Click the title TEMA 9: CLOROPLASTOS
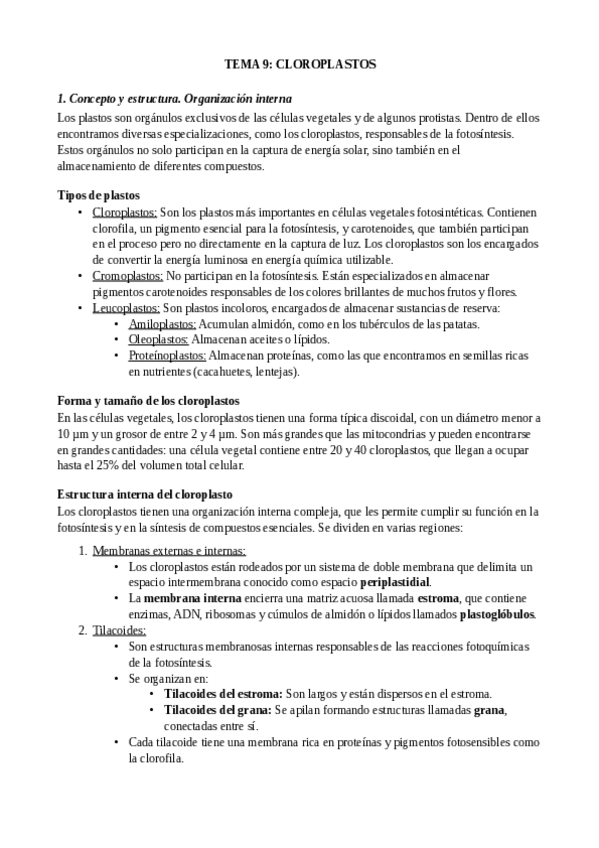point(299,64)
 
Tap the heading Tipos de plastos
point(98,195)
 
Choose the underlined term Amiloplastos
point(163,324)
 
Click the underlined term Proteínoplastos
point(167,356)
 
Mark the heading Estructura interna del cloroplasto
point(144,495)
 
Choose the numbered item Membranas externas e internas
point(169,551)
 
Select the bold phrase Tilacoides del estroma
point(223,694)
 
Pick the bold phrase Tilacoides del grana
point(217,710)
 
